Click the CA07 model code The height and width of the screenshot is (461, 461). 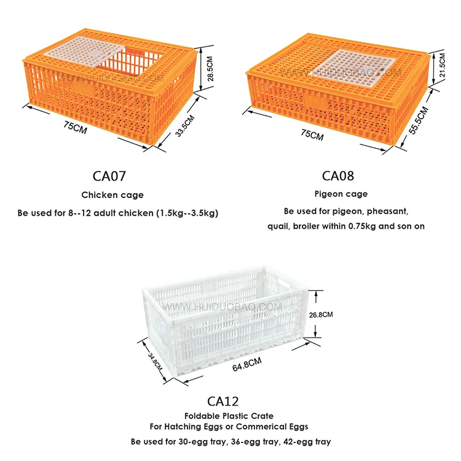pos(109,176)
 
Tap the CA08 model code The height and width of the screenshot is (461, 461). pos(338,176)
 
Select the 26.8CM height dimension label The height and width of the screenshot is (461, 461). pos(320,314)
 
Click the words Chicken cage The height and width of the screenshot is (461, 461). pos(112,195)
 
